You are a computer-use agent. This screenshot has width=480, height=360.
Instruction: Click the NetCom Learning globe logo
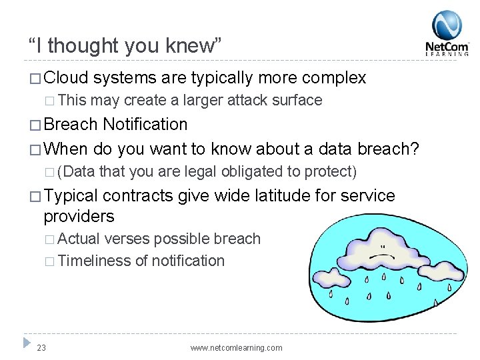coord(446,25)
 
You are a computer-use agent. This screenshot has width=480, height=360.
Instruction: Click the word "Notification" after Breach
coord(145,125)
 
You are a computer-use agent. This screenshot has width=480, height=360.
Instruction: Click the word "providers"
coord(79,217)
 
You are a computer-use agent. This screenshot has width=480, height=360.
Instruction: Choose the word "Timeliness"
coord(95,261)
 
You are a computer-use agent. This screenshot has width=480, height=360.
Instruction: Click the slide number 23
coord(41,347)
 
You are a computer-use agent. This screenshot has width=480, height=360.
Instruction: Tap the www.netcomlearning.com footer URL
coord(236,348)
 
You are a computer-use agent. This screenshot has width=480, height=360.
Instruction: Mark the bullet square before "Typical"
coord(35,197)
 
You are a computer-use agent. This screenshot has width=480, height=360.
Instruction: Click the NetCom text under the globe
coord(447,47)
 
